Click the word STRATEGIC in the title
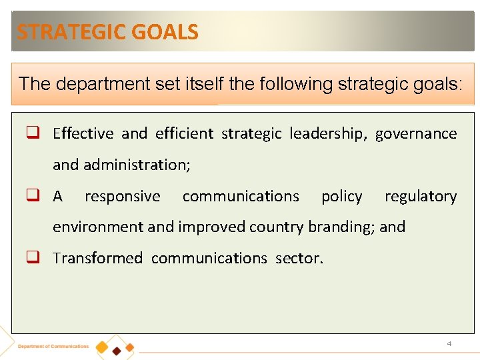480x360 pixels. pyautogui.click(x=63, y=32)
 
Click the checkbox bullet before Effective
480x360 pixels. pyautogui.click(x=33, y=133)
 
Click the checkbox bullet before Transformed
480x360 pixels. pyautogui.click(x=33, y=257)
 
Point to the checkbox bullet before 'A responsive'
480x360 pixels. pyautogui.click(x=33, y=195)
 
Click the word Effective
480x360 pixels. pyautogui.click(x=83, y=133)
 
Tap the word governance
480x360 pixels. pyautogui.click(x=416, y=133)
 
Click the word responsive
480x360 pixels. pyautogui.click(x=122, y=196)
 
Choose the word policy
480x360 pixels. pyautogui.click(x=341, y=196)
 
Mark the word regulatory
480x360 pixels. pyautogui.click(x=421, y=196)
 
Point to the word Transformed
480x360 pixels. pyautogui.click(x=97, y=258)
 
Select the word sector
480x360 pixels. pyautogui.click(x=299, y=258)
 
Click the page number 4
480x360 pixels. pyautogui.click(x=449, y=343)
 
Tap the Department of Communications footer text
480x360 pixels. pyautogui.click(x=53, y=347)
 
